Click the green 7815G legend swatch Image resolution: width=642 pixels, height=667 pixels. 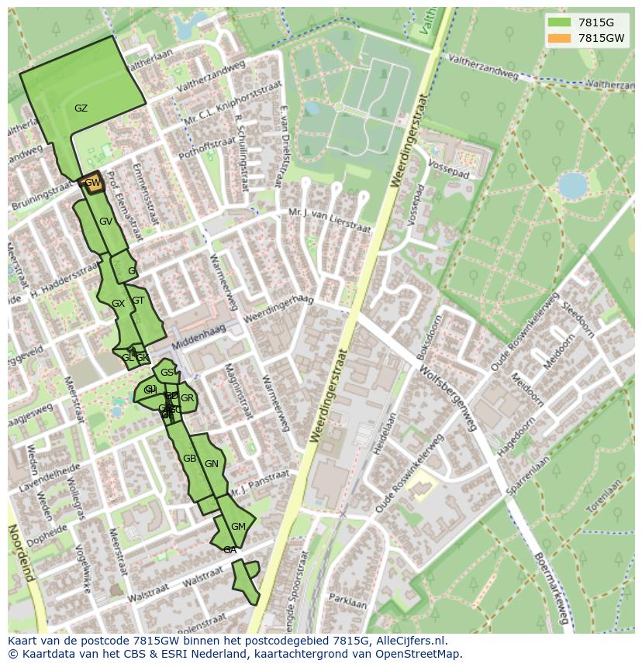pyautogui.click(x=558, y=22)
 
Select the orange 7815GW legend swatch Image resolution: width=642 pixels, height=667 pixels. pyautogui.click(x=558, y=38)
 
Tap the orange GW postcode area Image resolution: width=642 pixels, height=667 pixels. pyautogui.click(x=91, y=183)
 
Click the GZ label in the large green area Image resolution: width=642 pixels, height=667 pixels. pyautogui.click(x=81, y=108)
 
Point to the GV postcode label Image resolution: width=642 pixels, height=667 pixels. pyautogui.click(x=106, y=222)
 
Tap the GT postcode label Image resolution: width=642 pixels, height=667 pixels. pyautogui.click(x=138, y=301)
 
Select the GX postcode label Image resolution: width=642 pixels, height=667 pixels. pyautogui.click(x=118, y=304)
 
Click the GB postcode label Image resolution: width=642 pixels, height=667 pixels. pyautogui.click(x=189, y=459)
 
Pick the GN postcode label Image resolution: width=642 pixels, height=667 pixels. pyautogui.click(x=211, y=464)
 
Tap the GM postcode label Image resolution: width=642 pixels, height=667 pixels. pyautogui.click(x=238, y=527)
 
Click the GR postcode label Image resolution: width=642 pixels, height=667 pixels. pyautogui.click(x=188, y=398)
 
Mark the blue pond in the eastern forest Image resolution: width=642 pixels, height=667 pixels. pyautogui.click(x=572, y=186)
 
